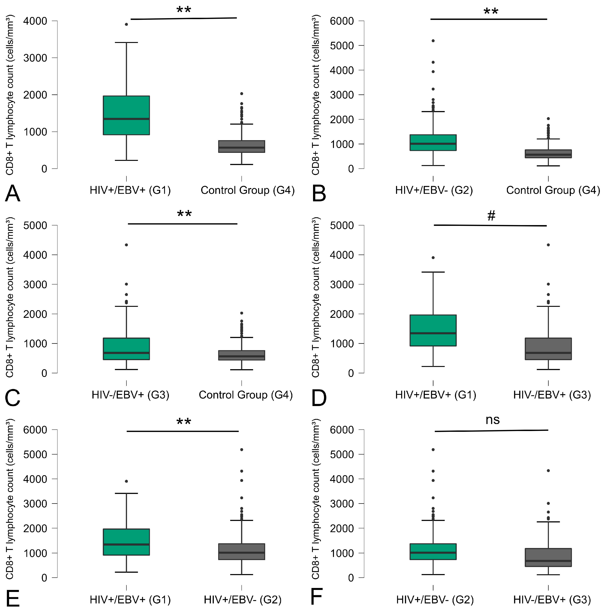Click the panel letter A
point(13,193)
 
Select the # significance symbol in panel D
point(491,216)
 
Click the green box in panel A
point(126,115)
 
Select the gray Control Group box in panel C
point(242,355)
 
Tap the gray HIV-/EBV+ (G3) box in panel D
point(548,349)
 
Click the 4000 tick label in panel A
point(35,21)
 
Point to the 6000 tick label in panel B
point(342,21)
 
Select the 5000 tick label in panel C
point(35,225)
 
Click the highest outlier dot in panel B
point(433,41)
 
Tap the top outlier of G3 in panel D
point(548,245)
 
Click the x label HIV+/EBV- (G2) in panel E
point(242,600)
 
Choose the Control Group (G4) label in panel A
point(248,190)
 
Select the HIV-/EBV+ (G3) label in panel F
point(552,600)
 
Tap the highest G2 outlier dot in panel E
point(242,450)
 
